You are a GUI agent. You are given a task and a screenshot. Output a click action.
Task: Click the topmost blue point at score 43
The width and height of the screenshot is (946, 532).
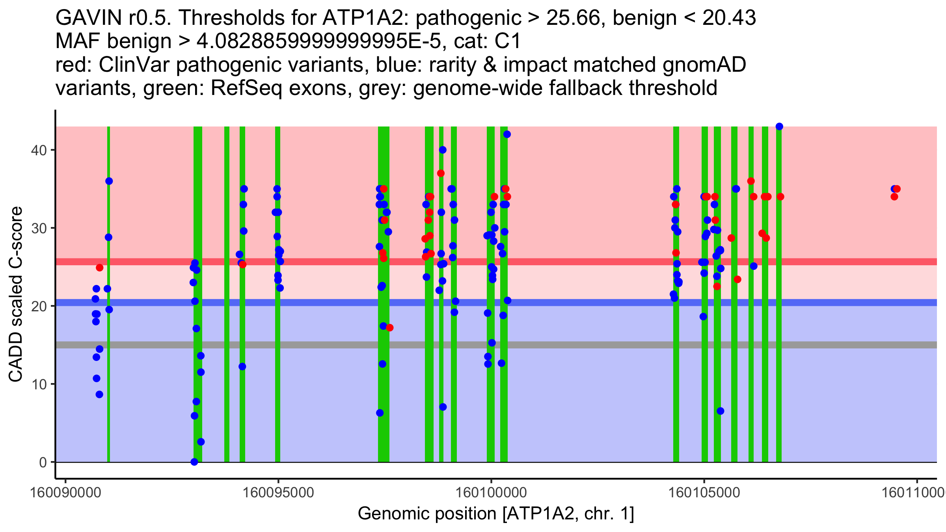(779, 126)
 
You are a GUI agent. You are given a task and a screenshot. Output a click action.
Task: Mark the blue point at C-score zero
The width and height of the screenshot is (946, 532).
(194, 462)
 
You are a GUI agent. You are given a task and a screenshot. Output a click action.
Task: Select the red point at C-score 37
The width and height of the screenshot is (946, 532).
(441, 173)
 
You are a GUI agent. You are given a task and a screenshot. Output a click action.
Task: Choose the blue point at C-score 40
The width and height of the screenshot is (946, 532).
(443, 150)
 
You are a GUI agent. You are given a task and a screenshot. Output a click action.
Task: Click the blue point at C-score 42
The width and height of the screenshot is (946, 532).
(507, 134)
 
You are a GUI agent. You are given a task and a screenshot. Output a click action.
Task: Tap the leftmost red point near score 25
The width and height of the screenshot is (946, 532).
(100, 268)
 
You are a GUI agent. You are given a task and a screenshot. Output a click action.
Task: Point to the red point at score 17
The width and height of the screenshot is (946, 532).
(389, 327)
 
